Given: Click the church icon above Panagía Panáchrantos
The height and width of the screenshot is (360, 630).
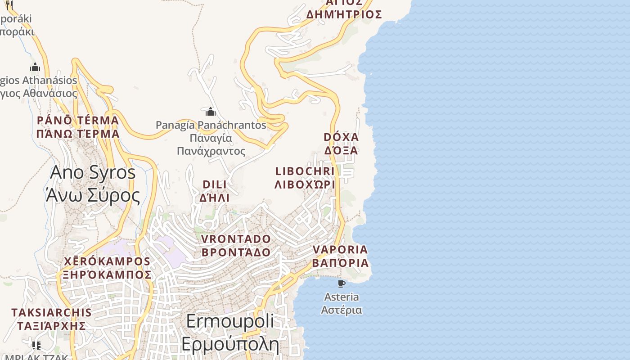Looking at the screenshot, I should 211,112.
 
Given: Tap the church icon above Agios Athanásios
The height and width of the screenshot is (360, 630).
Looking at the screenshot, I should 35,67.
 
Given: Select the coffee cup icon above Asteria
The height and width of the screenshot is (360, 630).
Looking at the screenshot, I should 342,283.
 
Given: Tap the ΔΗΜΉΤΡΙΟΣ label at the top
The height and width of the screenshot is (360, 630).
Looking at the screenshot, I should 344,15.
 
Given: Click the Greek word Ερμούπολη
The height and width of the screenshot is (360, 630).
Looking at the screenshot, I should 230,344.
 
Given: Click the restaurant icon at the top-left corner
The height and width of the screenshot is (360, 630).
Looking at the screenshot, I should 9,5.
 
